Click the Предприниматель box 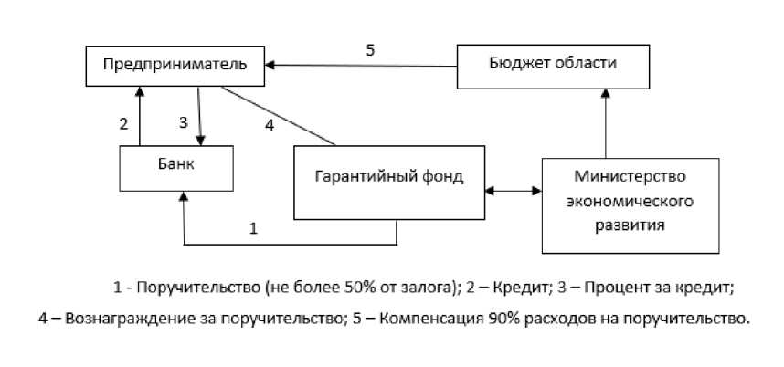[x=174, y=65]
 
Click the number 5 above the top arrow [x=370, y=51]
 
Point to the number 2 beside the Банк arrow [x=123, y=124]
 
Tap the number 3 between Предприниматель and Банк [x=182, y=123]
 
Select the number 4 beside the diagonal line [x=269, y=126]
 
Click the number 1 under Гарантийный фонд [x=254, y=228]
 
